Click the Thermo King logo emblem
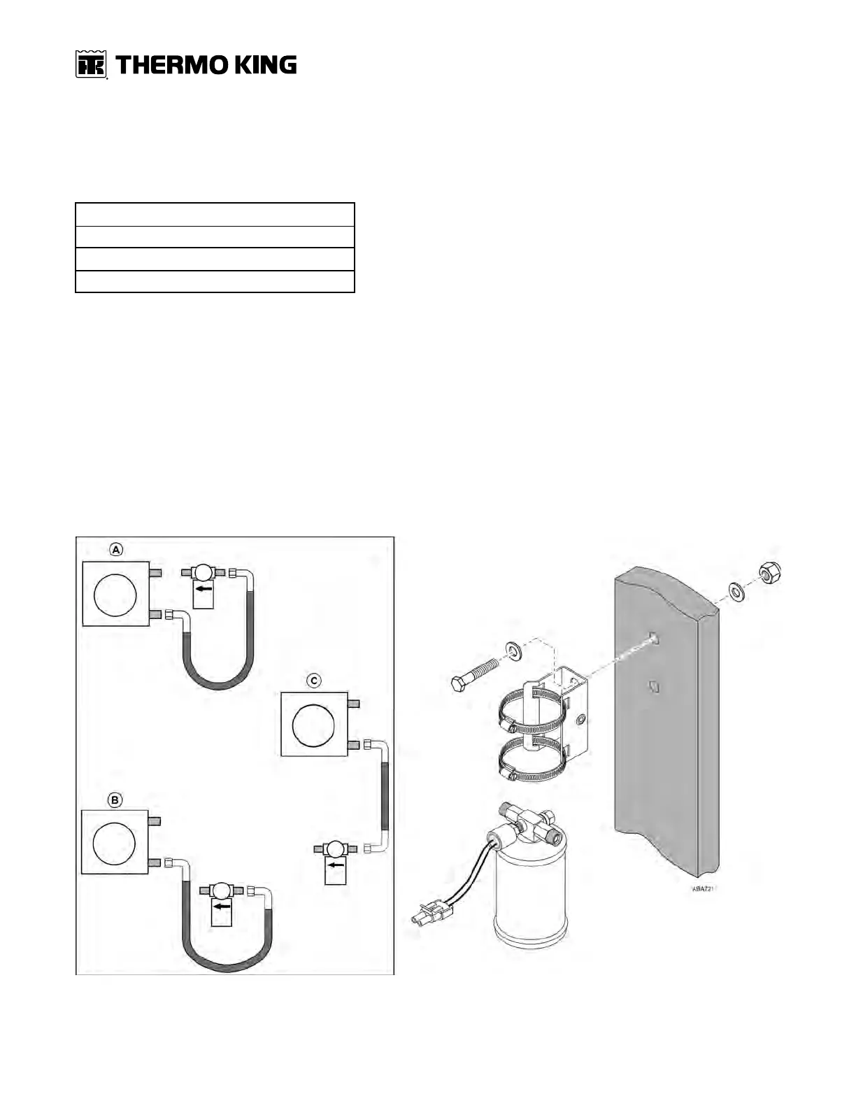[90, 65]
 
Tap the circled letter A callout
[116, 550]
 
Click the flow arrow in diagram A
[204, 589]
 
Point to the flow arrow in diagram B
[222, 907]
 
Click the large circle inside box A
[115, 593]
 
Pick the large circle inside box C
[314, 724]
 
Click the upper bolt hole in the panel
[653, 637]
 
